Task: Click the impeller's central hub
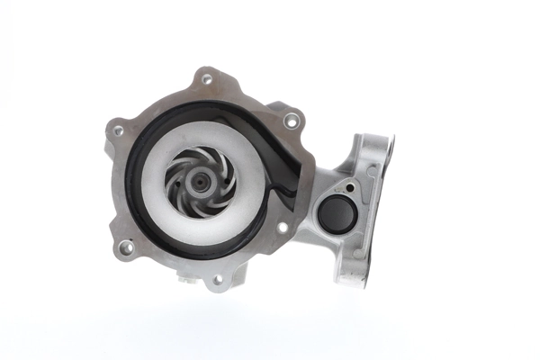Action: (x=198, y=183)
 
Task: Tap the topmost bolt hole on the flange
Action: (x=207, y=79)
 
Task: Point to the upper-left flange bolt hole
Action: (x=118, y=130)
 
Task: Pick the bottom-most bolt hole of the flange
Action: (x=216, y=280)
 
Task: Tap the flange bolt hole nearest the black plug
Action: (x=283, y=228)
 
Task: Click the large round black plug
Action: (x=337, y=213)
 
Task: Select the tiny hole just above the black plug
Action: (x=349, y=188)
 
